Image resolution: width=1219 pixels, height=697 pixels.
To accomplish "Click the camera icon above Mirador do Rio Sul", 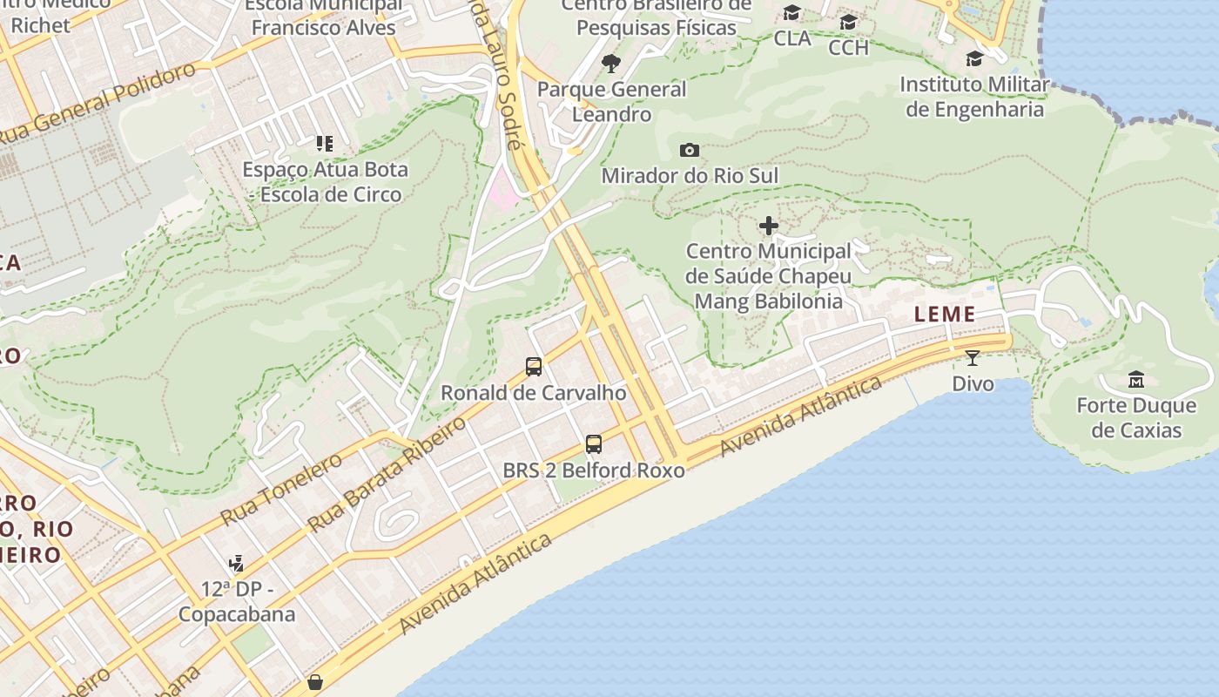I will coord(690,150).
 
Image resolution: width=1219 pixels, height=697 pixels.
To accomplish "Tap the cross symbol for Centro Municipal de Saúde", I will coord(769,227).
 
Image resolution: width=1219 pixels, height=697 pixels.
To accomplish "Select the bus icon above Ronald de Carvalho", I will coord(534,367).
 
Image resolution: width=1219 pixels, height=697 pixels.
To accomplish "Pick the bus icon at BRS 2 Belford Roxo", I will coord(594,444).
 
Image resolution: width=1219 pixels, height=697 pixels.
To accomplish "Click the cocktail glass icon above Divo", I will coord(973,357).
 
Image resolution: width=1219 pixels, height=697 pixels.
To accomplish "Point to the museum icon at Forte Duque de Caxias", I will coord(1136,380).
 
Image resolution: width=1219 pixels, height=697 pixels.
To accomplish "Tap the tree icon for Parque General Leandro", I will coord(611,63).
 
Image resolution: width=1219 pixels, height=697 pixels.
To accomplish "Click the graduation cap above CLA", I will coord(791,13).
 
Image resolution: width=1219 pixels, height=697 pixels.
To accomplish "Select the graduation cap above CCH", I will coord(848,22).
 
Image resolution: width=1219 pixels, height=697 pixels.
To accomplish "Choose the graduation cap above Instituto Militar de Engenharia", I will coord(974,58).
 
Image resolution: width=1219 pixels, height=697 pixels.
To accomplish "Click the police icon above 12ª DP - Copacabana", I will coord(236,564).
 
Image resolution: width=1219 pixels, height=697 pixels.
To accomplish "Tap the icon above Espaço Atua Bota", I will coord(325,143).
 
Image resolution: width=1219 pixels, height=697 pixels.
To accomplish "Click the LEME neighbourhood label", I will coord(945,315).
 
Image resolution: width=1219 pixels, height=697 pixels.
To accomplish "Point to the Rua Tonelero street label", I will coord(281,490).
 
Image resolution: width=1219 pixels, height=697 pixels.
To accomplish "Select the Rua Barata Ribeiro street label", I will coord(388,473).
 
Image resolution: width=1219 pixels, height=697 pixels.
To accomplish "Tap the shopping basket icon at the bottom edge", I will coord(315,682).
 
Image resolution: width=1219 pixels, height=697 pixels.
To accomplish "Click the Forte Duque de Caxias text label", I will coord(1136,418).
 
